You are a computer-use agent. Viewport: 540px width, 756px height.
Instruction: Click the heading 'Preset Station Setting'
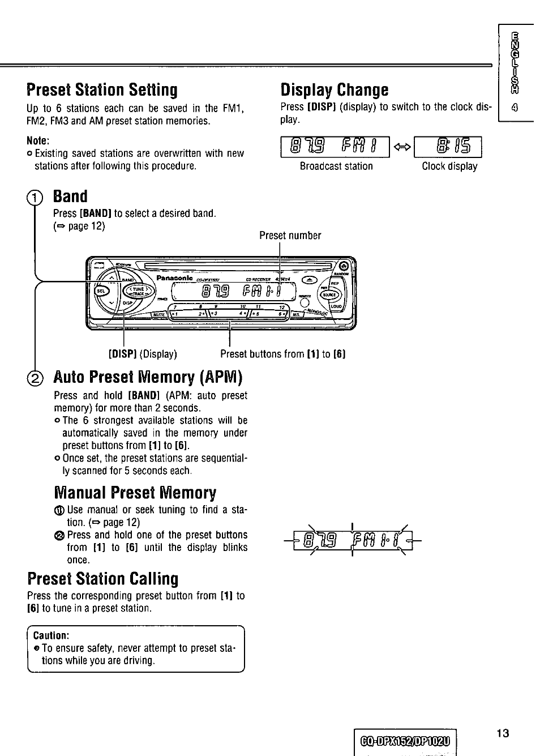click(x=102, y=90)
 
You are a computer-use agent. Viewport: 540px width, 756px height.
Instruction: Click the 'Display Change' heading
click(x=335, y=90)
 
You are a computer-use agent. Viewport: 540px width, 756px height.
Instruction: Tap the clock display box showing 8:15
click(x=448, y=147)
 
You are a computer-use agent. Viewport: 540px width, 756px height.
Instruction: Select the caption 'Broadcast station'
click(x=336, y=166)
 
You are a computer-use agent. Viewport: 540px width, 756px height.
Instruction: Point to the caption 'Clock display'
click(x=449, y=166)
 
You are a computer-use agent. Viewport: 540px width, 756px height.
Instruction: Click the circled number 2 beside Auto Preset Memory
click(x=36, y=378)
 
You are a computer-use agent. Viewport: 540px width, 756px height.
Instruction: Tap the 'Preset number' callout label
click(x=290, y=236)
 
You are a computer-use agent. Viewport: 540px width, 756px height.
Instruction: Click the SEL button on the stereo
click(x=101, y=291)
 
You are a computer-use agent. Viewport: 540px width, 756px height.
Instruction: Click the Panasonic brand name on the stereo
click(x=175, y=278)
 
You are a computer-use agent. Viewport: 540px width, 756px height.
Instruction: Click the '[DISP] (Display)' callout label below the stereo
click(x=143, y=354)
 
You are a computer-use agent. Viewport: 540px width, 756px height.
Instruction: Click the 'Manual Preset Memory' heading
click(x=135, y=493)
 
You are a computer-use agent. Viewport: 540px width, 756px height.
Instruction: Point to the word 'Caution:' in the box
click(x=51, y=635)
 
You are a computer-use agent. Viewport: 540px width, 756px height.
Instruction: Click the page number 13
click(x=503, y=734)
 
